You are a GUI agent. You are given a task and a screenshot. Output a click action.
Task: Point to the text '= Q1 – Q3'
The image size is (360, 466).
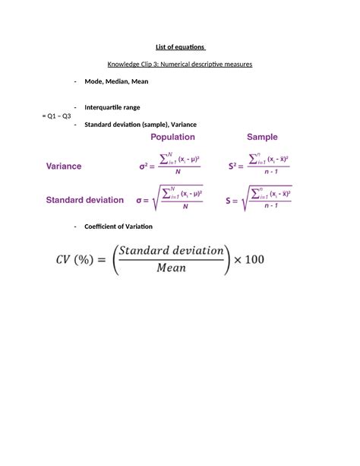pos(56,116)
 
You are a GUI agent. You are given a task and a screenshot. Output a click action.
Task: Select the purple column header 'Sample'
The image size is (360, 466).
pos(262,138)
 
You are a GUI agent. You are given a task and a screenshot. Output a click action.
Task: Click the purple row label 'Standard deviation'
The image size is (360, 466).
pos(84,200)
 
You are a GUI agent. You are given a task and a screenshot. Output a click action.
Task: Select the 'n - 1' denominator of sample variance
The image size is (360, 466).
pos(265,173)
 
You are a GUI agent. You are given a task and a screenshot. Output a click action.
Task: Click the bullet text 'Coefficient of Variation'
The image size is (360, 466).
pos(118,227)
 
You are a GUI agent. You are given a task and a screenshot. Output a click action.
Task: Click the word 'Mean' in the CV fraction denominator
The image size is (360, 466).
pos(172,269)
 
